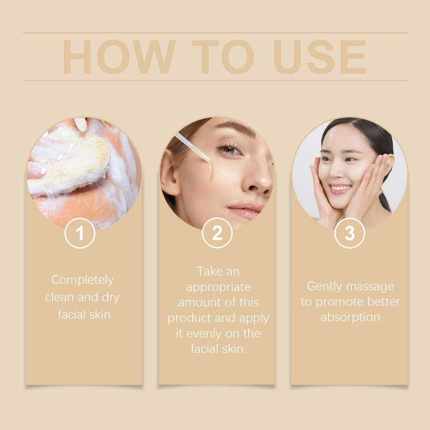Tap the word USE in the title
click(x=320, y=57)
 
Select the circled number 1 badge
click(x=80, y=233)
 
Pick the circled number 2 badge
click(x=217, y=233)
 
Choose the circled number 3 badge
click(x=350, y=233)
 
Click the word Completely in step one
click(x=82, y=280)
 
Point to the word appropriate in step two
click(x=218, y=288)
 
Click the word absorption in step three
click(x=350, y=317)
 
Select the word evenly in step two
click(x=205, y=334)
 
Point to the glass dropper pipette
click(x=192, y=147)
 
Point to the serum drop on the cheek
click(x=211, y=173)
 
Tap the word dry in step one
click(x=111, y=298)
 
